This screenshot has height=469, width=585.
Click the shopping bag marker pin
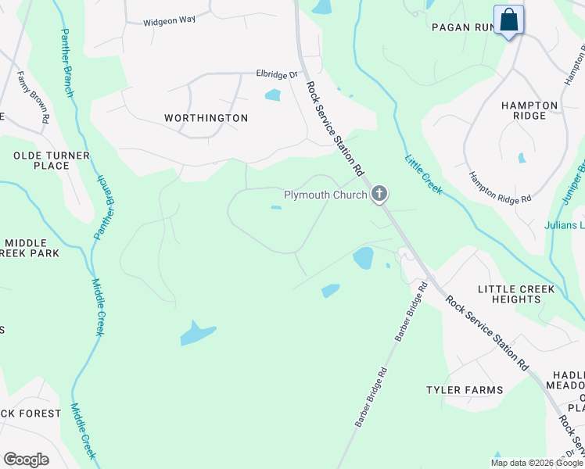509,21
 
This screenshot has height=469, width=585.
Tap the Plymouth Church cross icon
379,194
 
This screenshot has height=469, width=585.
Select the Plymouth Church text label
325,195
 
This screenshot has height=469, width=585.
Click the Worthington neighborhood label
206,118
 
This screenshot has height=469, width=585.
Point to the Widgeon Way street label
169,22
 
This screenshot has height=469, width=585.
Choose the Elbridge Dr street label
278,75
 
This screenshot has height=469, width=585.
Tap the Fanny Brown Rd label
34,98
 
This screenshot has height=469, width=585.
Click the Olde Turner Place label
52,160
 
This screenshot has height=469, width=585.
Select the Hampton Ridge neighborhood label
529,110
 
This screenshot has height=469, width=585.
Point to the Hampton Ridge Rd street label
500,188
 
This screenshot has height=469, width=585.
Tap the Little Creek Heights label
516,295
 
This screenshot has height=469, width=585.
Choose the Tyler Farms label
464,389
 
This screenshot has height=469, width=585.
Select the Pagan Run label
461,27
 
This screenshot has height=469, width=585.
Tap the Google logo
26,460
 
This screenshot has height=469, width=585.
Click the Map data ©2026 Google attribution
537,463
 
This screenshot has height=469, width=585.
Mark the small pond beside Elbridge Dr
273,95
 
